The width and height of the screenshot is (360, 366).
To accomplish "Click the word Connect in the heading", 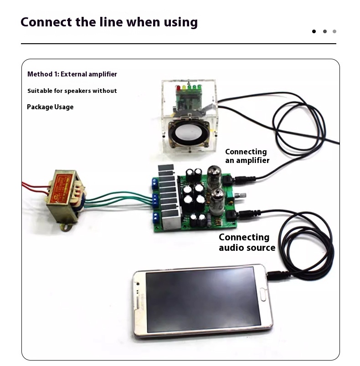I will coord(46,22).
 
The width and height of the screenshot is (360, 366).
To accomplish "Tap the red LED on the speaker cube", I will coord(179,87).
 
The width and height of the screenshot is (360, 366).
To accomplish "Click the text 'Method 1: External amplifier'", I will coord(72,74).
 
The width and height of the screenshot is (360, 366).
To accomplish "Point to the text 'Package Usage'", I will coord(50,107).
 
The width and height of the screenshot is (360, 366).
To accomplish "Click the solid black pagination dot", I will coord(314,31).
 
